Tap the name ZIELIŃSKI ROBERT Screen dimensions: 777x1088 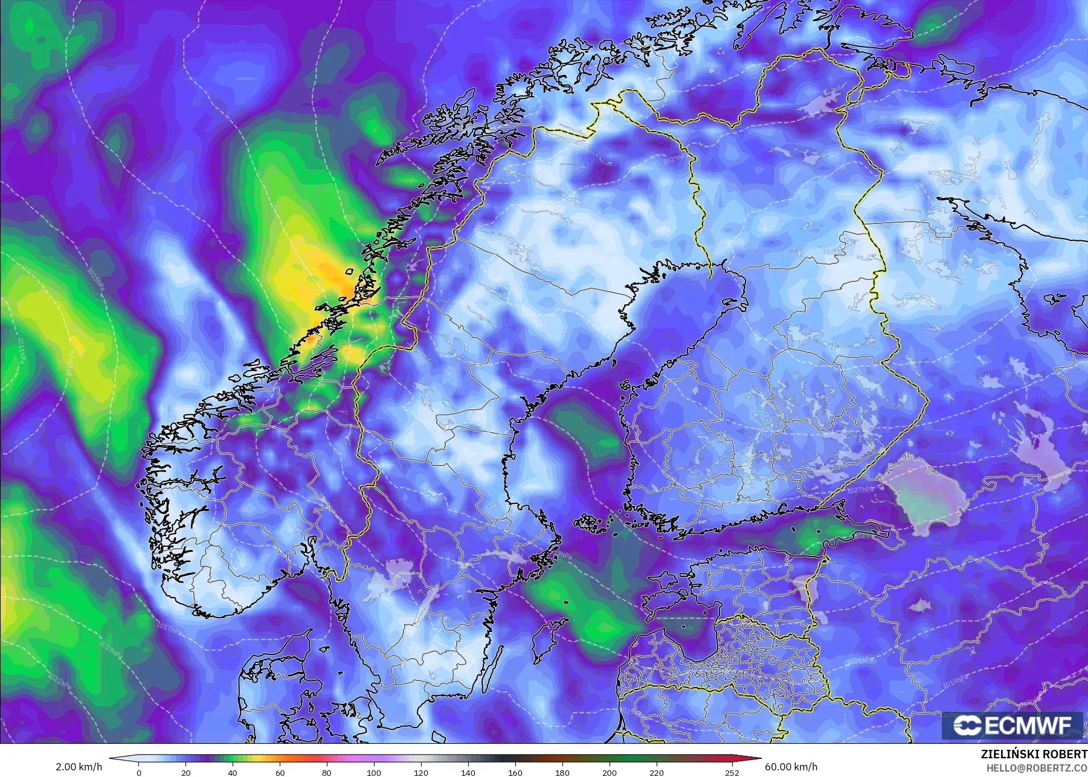click(1034, 755)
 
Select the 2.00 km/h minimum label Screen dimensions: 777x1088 click(79, 767)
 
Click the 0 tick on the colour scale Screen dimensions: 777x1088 click(139, 772)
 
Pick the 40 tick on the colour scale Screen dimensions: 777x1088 click(233, 772)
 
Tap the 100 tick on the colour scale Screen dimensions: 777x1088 click(374, 772)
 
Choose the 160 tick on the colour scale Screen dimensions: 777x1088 click(515, 772)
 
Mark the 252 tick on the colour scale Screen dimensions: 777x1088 click(732, 772)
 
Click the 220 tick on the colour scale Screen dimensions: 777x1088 click(657, 772)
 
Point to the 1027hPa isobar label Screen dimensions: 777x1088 click(859, 490)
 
